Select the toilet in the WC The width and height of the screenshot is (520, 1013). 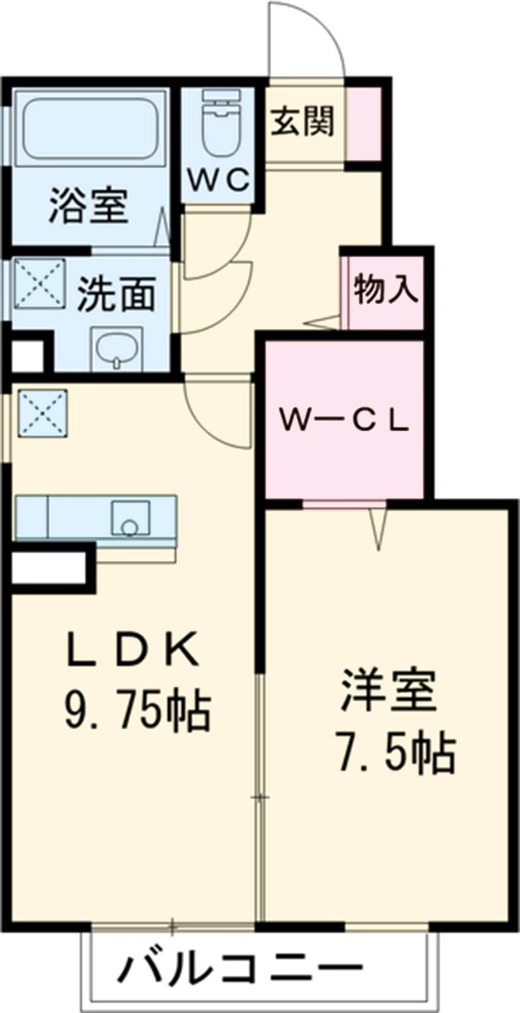[220, 122]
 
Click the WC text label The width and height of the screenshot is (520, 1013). [219, 180]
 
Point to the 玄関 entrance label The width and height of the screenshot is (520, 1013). [302, 120]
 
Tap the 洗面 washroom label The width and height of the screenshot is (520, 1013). [117, 295]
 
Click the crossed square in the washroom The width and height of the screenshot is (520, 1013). [40, 284]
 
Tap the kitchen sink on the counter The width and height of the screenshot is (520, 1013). [131, 519]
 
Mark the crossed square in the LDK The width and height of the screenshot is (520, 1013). [42, 413]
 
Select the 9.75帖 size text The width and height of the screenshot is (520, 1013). [136, 712]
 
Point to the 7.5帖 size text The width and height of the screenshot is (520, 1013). [393, 752]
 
